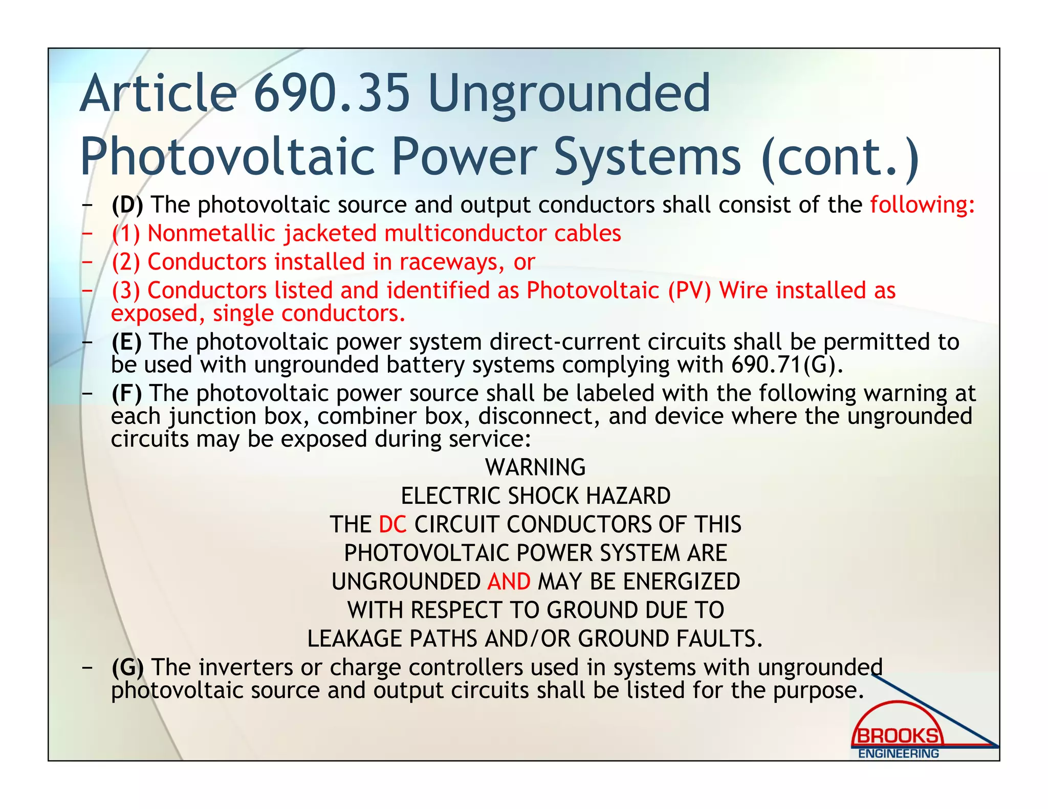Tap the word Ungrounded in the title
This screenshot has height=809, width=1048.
[x=569, y=94]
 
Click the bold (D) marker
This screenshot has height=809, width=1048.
[x=127, y=205]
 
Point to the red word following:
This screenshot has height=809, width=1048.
[x=922, y=205]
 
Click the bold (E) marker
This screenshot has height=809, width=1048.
[x=126, y=342]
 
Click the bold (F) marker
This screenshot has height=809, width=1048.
[x=126, y=393]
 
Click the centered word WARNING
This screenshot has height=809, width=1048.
[x=535, y=467]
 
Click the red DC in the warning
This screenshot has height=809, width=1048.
[x=392, y=525]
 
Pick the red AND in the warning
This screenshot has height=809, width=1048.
[x=509, y=582]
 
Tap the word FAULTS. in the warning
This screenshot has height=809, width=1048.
[x=719, y=639]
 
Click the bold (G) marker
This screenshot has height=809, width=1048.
[x=127, y=667]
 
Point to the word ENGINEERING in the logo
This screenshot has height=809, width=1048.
[x=898, y=754]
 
